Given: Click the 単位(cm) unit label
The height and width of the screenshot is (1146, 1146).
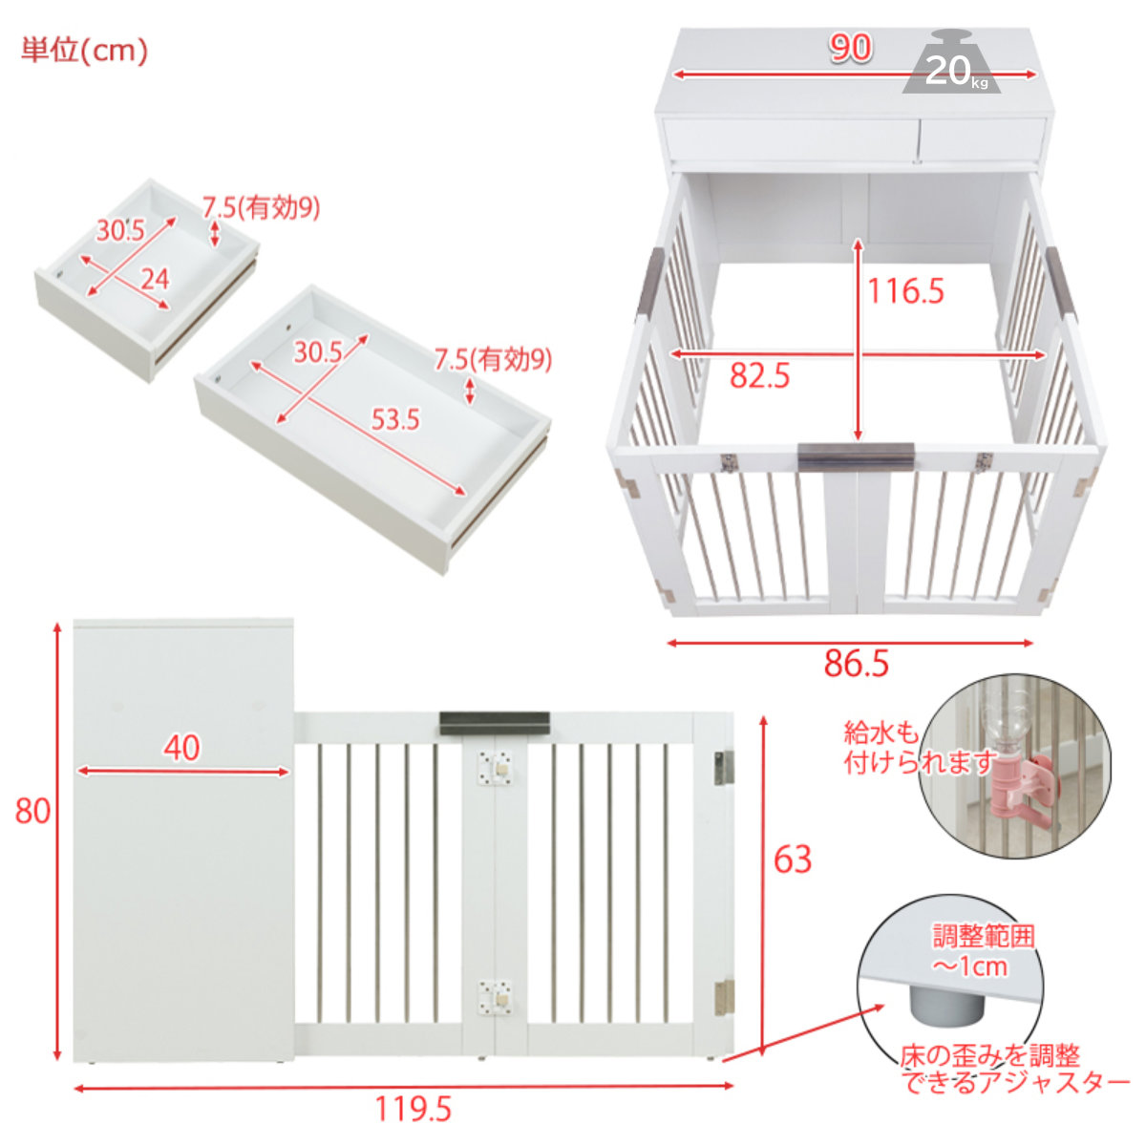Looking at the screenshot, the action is click(x=84, y=50).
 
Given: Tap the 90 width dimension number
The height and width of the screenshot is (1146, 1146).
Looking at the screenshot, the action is click(x=851, y=48).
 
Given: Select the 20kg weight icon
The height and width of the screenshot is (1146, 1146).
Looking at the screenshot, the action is click(x=951, y=62).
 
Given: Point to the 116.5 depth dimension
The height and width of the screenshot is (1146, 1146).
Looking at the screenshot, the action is click(x=905, y=291).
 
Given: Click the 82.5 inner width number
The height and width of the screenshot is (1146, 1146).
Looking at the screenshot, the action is click(x=759, y=376).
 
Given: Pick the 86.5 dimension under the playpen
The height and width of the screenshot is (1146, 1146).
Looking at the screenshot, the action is click(x=857, y=664).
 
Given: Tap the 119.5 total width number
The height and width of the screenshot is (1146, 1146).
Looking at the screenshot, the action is click(x=414, y=1109).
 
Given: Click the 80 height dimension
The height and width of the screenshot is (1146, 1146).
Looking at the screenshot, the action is click(x=32, y=811).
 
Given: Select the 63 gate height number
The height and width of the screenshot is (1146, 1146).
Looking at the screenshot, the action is click(x=793, y=859).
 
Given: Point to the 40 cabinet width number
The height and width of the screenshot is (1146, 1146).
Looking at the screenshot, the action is click(x=182, y=748).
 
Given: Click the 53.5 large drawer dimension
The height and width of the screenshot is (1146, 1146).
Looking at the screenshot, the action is click(x=395, y=420).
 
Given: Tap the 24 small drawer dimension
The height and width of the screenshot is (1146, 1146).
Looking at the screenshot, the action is click(x=156, y=279).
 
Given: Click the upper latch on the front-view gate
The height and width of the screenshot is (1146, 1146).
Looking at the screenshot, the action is click(x=495, y=769).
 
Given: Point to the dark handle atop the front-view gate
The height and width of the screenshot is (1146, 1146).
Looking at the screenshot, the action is click(x=495, y=723).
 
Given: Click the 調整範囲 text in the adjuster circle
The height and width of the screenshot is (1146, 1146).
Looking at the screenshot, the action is click(x=985, y=936).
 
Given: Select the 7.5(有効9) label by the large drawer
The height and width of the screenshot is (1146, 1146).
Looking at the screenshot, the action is click(x=493, y=360).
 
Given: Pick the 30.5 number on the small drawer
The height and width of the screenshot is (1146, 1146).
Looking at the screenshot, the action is click(x=120, y=230).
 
